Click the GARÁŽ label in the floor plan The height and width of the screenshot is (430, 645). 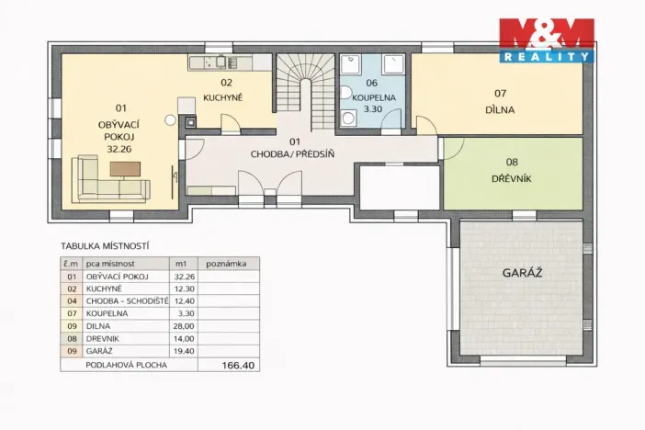(x=522, y=272)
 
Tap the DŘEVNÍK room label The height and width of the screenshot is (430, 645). (x=511, y=178)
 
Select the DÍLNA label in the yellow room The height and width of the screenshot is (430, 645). (x=500, y=110)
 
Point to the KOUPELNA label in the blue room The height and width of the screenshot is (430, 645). (x=374, y=97)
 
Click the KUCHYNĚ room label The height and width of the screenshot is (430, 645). (x=223, y=97)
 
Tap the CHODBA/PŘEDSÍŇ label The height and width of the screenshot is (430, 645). (x=292, y=154)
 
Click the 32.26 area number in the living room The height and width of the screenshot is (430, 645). (x=119, y=149)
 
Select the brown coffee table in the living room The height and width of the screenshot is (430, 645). (x=126, y=169)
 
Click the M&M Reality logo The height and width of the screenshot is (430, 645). (x=547, y=40)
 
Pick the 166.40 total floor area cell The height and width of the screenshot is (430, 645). (x=238, y=365)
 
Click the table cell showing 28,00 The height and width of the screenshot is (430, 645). (x=184, y=326)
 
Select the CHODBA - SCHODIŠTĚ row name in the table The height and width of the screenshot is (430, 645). (x=127, y=301)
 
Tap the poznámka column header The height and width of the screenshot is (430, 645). (x=226, y=264)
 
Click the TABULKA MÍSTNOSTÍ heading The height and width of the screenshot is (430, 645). (x=105, y=246)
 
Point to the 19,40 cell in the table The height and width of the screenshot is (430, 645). (x=184, y=351)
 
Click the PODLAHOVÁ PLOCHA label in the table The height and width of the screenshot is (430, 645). (x=126, y=365)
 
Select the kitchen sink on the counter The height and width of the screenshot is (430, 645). (x=221, y=62)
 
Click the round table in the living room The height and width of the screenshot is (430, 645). (x=170, y=120)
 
